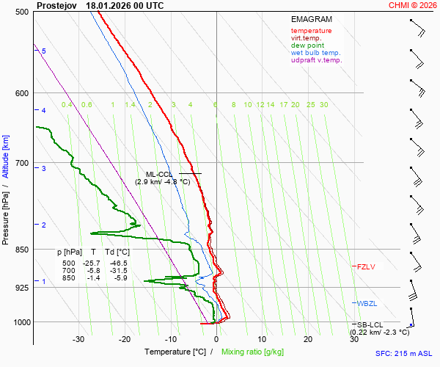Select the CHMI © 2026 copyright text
[412, 5]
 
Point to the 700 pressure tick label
[22, 163]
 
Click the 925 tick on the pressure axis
[22, 288]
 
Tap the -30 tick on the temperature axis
[78, 339]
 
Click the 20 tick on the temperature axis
[308, 339]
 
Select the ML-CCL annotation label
[158, 174]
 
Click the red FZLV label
[366, 266]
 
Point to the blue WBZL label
[367, 303]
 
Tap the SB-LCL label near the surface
[370, 324]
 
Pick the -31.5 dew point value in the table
[118, 270]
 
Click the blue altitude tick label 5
[44, 51]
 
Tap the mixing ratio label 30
[323, 105]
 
